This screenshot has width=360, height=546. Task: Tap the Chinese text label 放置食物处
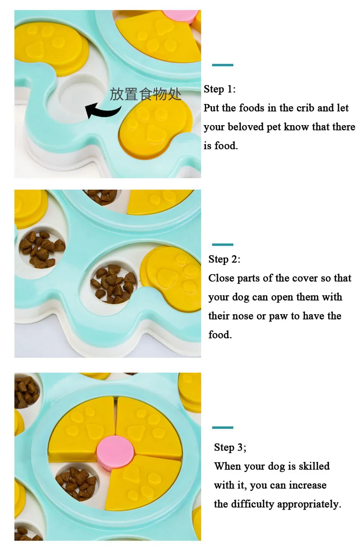tap(145, 94)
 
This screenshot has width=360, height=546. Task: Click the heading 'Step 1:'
tap(220, 89)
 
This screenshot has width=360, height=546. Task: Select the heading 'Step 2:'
tap(224, 259)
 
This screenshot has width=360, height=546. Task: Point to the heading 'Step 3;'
tap(230, 447)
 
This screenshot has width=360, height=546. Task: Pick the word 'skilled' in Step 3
tap(314, 466)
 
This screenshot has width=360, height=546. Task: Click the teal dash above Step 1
tap(223, 65)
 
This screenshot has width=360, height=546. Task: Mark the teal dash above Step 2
tap(223, 244)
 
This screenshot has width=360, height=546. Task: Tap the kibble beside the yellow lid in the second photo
tap(113, 284)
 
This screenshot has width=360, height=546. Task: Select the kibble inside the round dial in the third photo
tap(76, 483)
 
